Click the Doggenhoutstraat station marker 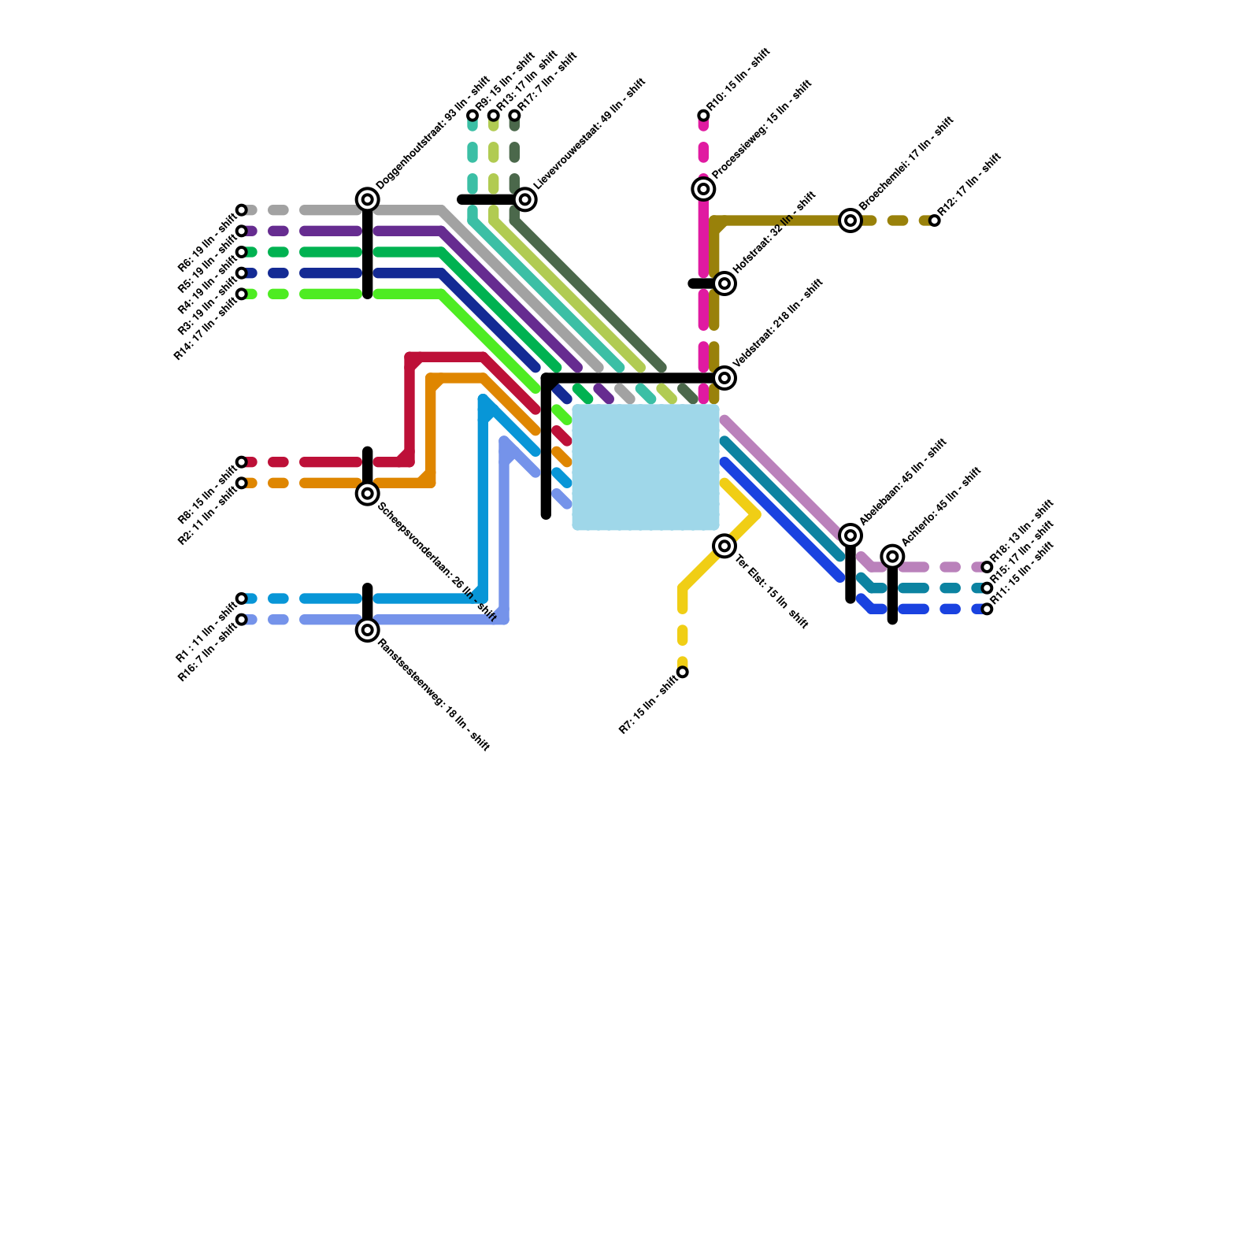coord(367,199)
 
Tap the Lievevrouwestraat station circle coord(525,199)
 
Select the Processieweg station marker coord(703,189)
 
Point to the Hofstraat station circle coord(724,283)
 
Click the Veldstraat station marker coord(724,378)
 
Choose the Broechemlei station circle coord(850,220)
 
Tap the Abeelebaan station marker coord(850,535)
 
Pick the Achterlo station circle coord(892,557)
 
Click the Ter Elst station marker coord(724,546)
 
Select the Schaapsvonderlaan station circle coord(367,494)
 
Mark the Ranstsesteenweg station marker coord(367,630)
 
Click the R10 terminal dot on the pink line coord(703,116)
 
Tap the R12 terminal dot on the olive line coord(934,220)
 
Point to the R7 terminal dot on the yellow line coord(683,672)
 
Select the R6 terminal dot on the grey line coord(242,210)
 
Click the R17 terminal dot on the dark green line coord(514,116)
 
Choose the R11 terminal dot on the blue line coord(987,609)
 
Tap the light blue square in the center coord(646,467)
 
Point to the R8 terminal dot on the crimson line coord(242,462)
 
